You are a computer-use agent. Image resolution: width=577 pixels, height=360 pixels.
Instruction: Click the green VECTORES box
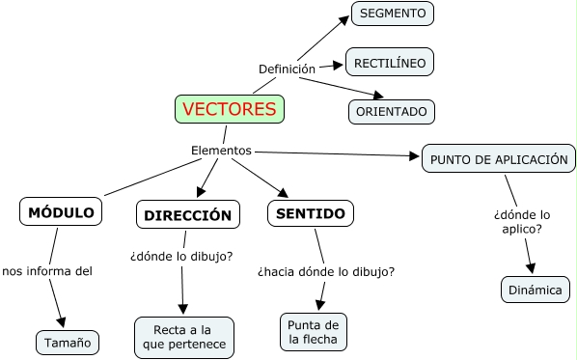coord(230,109)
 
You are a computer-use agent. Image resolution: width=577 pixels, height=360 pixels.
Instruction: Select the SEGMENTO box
coord(393,14)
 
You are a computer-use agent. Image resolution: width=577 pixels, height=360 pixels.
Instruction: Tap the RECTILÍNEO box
coord(390,63)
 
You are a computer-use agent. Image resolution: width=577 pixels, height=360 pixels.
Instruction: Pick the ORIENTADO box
coord(391,111)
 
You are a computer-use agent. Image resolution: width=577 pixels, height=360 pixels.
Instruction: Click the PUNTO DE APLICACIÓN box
coord(499,159)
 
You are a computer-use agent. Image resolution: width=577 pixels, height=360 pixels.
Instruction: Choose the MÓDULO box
coord(61,211)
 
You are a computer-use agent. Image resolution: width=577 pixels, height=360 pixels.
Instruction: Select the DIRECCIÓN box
coord(188,215)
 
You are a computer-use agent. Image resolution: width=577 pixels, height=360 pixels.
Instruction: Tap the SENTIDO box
coord(311,213)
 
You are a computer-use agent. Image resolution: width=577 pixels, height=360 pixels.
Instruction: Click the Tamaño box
coord(68,342)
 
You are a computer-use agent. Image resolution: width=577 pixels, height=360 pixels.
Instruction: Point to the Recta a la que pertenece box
coord(183,337)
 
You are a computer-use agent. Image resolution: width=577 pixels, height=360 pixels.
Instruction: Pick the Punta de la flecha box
coord(313,331)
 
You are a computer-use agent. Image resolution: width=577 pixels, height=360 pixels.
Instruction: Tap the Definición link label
coord(287,69)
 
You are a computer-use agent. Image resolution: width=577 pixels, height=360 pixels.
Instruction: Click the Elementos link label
coord(221,151)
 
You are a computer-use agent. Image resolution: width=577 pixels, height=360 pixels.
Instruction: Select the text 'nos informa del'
coord(47,271)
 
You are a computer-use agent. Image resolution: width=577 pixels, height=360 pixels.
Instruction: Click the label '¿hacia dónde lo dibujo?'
coord(326,272)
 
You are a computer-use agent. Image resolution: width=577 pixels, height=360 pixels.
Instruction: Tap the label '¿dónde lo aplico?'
coord(522,221)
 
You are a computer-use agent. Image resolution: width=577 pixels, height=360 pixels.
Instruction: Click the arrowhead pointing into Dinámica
coord(531,269)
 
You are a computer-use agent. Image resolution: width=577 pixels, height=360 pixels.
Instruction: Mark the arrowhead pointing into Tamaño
coord(64,322)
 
